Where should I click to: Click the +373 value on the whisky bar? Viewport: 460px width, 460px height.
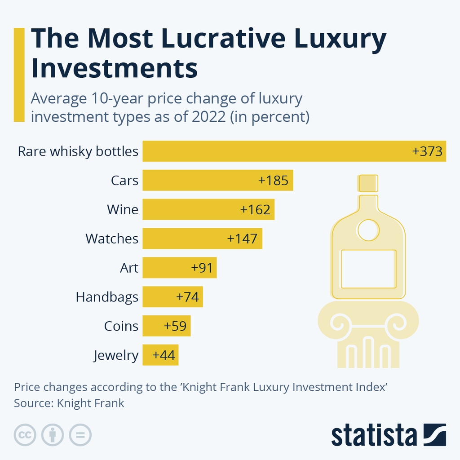coord(427,151)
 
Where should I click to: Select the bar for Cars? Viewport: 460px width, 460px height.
coord(218,180)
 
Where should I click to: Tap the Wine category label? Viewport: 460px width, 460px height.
coord(123,209)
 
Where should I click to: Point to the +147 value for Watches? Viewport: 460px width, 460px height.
coord(243,239)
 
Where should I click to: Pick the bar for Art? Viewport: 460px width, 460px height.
coord(180,268)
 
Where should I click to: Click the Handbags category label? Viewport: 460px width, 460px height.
coord(107,297)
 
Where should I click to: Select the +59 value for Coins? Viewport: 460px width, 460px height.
coord(176,326)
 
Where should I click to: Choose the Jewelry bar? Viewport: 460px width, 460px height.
coord(161,355)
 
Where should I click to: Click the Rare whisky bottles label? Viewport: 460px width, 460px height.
coord(78,151)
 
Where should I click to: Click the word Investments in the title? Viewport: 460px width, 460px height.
coord(115,68)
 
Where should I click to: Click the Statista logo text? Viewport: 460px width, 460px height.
coord(374,435)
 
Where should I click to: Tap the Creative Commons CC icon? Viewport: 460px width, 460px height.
coord(25,435)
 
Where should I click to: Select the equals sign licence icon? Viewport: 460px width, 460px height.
coord(80,435)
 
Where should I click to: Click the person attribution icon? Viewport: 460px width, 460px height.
coord(53,435)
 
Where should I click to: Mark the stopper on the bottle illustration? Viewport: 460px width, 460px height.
coord(368,183)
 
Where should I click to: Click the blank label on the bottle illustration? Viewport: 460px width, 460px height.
coord(368,269)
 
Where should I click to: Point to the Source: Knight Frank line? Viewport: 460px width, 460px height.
coord(69,403)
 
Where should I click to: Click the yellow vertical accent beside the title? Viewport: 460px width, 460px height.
coord(19,75)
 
